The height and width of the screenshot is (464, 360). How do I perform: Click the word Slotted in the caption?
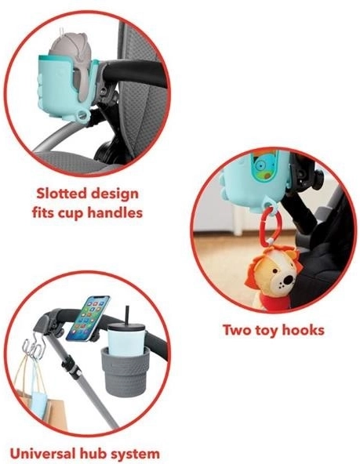(62, 194)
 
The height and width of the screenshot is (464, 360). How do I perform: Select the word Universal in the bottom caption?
(42, 453)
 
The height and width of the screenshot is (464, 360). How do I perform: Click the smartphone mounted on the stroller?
(88, 318)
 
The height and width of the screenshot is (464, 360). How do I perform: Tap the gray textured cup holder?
(125, 372)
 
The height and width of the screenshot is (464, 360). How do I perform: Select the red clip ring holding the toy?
(269, 226)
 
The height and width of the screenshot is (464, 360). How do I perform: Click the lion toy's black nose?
(287, 279)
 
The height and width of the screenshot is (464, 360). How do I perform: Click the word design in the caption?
(115, 194)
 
